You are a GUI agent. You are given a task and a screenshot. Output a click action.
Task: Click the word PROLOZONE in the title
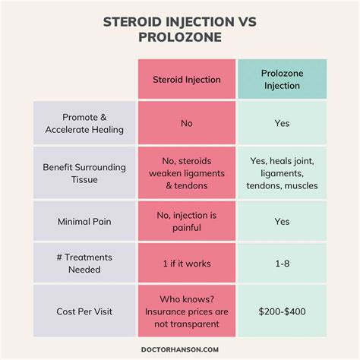click(x=180, y=37)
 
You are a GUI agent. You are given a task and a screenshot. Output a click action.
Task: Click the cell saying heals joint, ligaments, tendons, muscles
click(x=283, y=174)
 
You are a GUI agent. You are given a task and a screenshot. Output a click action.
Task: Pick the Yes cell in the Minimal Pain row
click(x=283, y=223)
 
